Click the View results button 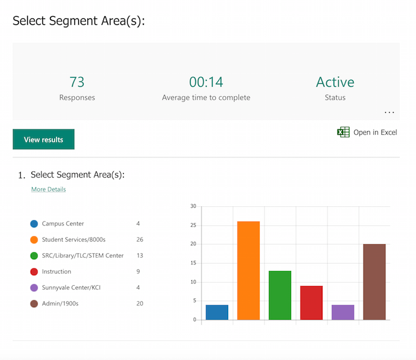43,140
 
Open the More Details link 49,190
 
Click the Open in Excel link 374,132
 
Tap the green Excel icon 343,132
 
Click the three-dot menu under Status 389,112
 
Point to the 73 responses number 77,82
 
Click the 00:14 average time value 206,82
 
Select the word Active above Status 335,82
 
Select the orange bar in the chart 248,270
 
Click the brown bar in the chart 374,282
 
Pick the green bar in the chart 280,295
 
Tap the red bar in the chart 311,302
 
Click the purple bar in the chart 343,312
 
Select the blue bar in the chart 217,312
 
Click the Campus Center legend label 63,224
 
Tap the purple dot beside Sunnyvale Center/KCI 34,288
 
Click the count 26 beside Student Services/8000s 140,240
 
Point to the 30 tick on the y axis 193,206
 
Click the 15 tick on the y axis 193,263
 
